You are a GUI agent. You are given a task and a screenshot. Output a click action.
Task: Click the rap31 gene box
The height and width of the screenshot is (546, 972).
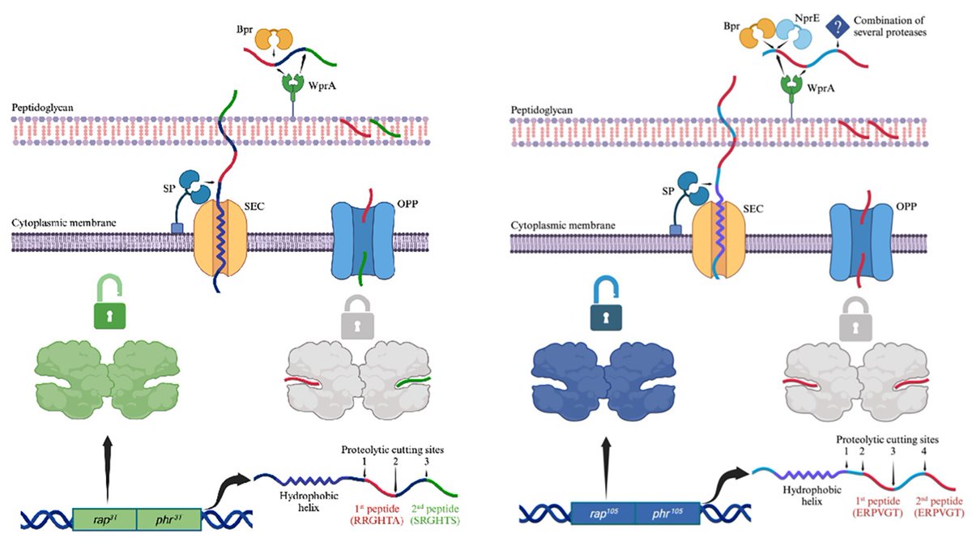(x=104, y=519)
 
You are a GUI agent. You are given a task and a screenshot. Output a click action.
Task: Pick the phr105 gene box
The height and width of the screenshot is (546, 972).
(x=667, y=514)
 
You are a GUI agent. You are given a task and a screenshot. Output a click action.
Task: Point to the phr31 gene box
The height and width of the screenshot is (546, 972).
(x=169, y=519)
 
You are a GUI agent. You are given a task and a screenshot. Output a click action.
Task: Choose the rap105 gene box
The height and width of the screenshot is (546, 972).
(x=603, y=514)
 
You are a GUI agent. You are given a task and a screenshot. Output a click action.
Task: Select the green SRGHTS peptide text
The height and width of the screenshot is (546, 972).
(x=435, y=520)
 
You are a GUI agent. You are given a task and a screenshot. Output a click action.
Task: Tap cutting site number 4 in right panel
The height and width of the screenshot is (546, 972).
(x=924, y=451)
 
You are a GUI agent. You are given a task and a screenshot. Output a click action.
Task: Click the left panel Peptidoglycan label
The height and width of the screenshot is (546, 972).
(x=42, y=107)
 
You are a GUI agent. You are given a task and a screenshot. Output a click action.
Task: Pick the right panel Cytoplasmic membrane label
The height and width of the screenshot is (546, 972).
(x=563, y=225)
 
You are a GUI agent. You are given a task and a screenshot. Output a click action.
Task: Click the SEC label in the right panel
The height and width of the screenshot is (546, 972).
(x=752, y=209)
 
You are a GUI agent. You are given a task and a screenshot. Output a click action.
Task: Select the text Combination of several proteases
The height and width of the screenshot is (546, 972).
(x=889, y=26)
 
